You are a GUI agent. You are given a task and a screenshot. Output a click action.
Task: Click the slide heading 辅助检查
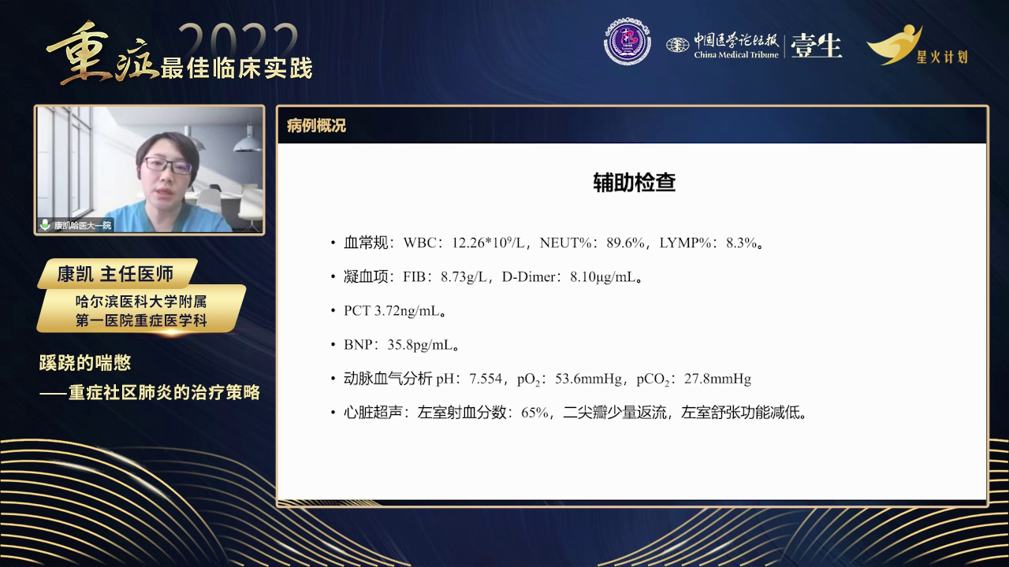[634, 183]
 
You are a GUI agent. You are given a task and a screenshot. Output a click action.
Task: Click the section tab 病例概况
[316, 126]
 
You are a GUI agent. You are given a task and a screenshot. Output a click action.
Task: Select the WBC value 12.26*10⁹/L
[489, 243]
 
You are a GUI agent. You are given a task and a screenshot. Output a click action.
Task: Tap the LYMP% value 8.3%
[743, 243]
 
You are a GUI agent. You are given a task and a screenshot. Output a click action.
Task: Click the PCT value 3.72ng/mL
[408, 311]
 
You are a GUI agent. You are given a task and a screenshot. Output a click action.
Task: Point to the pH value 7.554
[486, 379]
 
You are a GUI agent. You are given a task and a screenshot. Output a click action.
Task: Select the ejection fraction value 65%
[534, 413]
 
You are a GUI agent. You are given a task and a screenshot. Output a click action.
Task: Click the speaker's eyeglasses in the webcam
[168, 165]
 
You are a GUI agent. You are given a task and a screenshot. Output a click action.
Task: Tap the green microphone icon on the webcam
[45, 224]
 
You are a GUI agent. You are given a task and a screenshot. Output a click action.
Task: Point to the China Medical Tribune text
[735, 54]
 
